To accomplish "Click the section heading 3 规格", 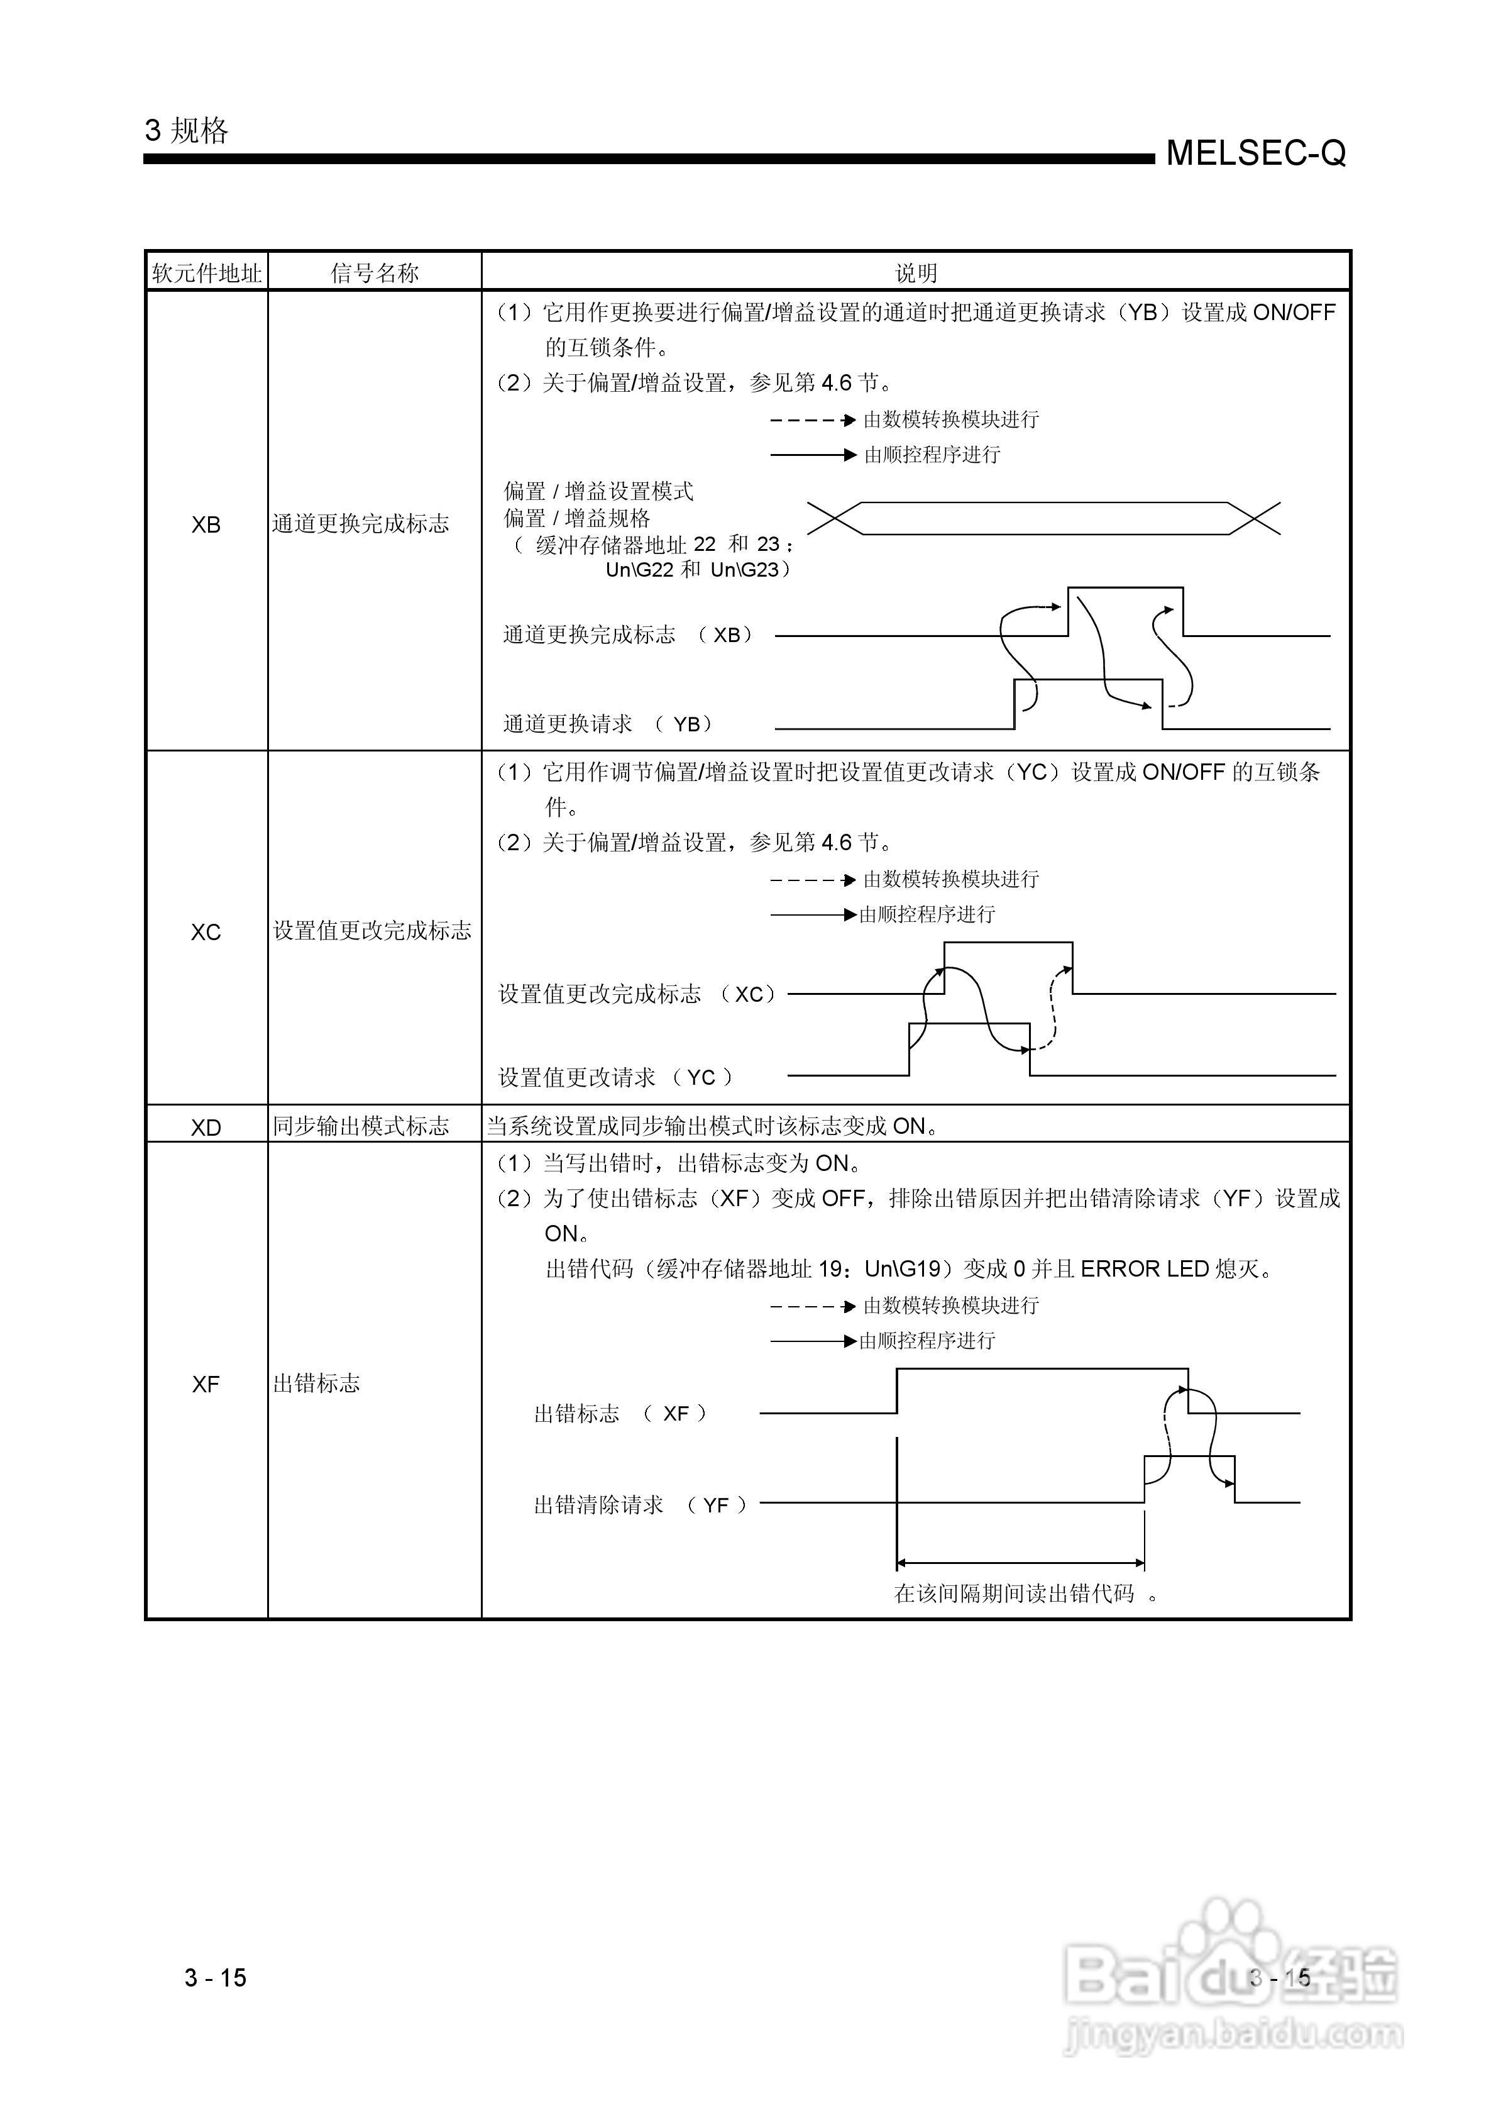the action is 186,131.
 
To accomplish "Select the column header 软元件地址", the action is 207,273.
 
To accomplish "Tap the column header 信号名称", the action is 375,273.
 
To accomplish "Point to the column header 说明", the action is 915,273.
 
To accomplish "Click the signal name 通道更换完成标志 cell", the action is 361,524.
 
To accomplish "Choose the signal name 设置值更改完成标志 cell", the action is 371,931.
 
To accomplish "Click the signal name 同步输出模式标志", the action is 361,1126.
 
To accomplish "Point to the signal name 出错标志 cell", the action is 316,1383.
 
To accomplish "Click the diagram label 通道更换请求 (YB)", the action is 608,724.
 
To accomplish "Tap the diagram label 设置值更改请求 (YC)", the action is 615,1077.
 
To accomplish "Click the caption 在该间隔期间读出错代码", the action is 1015,1593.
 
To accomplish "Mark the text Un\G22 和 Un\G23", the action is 697,570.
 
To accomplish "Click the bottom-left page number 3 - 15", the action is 215,1977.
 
